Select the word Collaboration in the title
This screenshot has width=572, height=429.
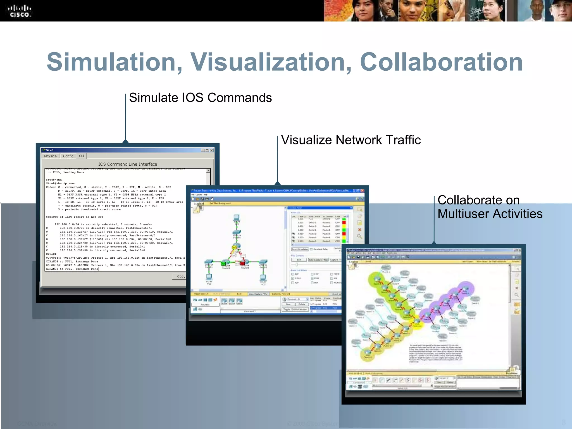(x=441, y=62)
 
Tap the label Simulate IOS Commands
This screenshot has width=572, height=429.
(x=200, y=98)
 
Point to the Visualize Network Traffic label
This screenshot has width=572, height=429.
(x=351, y=140)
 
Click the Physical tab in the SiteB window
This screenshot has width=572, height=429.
(x=51, y=156)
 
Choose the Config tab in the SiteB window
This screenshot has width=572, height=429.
(x=68, y=156)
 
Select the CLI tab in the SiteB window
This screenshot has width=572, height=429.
(x=82, y=156)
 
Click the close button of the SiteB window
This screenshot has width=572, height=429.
(x=212, y=150)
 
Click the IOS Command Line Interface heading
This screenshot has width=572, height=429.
(x=128, y=164)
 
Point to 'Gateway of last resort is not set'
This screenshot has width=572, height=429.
(x=75, y=217)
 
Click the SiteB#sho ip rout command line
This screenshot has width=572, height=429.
(x=61, y=183)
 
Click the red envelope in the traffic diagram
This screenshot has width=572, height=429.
(x=242, y=263)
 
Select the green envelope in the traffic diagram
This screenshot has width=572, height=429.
(x=223, y=263)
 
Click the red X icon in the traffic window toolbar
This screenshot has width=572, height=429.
(x=359, y=230)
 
